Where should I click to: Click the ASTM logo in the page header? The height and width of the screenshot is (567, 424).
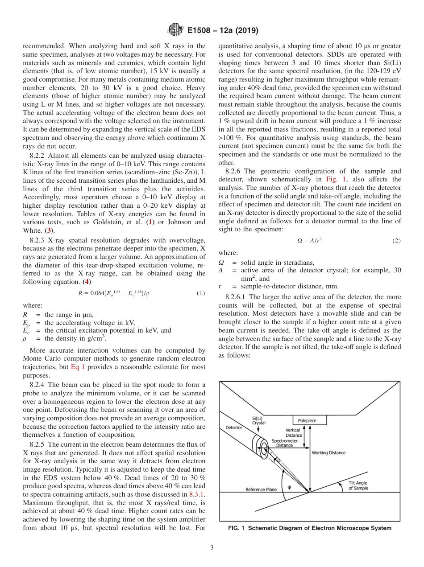(x=175, y=30)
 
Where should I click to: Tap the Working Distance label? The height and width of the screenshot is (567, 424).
(x=328, y=452)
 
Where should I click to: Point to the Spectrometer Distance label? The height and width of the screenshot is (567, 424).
(x=284, y=443)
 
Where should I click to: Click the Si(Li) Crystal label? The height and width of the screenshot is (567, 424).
(x=259, y=420)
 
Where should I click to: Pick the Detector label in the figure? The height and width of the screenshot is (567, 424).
(x=233, y=427)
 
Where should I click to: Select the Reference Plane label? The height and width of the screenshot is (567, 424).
(x=261, y=489)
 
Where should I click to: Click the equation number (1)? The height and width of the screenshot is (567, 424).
(x=200, y=293)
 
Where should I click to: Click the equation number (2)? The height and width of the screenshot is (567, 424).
(x=396, y=241)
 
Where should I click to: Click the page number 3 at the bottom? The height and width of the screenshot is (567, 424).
(x=212, y=547)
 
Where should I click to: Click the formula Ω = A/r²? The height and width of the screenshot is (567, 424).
(x=309, y=241)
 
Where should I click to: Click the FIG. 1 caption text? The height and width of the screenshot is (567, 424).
(x=309, y=528)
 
